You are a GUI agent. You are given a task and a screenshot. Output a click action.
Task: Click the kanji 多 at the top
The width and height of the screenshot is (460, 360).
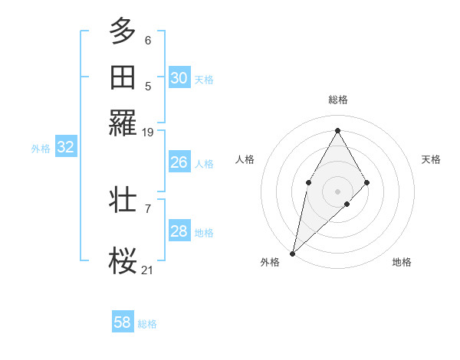[x=123, y=31]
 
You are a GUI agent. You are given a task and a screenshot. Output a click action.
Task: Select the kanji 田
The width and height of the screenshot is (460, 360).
[x=123, y=77]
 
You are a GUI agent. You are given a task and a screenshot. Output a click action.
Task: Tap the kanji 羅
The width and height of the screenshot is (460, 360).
[x=123, y=123]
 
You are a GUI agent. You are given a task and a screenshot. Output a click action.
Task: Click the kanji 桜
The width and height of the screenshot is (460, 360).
[x=123, y=261]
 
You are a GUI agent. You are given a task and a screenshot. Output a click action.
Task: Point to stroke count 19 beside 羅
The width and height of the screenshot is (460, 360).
[x=148, y=133]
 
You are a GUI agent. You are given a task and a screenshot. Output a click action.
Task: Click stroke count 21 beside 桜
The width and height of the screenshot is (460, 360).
[x=148, y=270]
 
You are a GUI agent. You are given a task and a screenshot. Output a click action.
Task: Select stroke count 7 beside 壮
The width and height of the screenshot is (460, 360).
[x=148, y=208]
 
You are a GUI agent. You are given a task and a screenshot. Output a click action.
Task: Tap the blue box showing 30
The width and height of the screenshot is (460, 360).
[x=179, y=77]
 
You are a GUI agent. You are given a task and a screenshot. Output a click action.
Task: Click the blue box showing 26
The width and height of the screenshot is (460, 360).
[x=179, y=162]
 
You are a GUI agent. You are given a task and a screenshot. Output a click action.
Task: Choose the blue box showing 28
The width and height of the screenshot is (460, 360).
[x=179, y=231]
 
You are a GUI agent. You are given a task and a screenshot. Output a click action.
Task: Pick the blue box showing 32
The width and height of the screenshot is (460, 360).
[x=66, y=147]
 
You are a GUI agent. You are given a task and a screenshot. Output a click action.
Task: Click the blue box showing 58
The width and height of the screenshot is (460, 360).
[x=123, y=322]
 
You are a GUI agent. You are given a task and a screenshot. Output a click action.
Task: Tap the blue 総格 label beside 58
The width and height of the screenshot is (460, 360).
[x=147, y=324]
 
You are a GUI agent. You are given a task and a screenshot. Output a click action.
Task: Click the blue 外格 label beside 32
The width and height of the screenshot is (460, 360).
[x=41, y=149]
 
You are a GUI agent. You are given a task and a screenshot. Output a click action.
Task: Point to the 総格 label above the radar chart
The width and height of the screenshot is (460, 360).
[x=338, y=100]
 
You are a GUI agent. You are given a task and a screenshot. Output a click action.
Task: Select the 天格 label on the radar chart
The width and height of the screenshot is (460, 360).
[x=432, y=159]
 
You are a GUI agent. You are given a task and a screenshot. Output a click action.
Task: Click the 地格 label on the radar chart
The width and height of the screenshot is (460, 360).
[x=402, y=262]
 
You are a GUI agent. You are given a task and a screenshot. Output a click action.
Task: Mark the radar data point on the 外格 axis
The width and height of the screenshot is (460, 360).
[x=292, y=253]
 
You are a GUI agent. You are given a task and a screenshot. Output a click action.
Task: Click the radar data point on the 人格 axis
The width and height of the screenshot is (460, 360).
[x=308, y=182]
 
